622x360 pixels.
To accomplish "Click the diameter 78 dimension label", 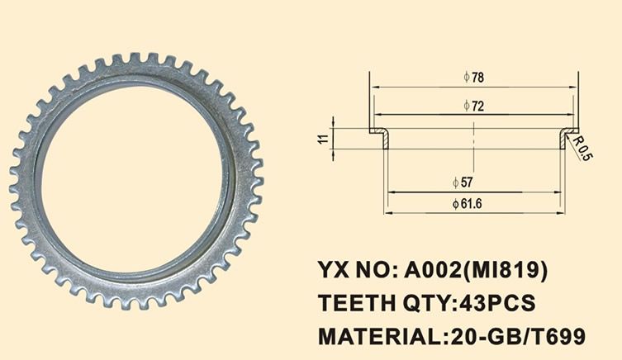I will click(x=473, y=78).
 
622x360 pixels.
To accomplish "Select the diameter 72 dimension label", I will click(x=473, y=107).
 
